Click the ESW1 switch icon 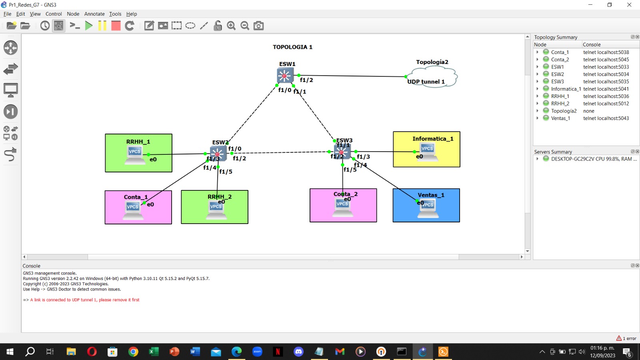pyautogui.click(x=285, y=75)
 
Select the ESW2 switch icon pyautogui.click(x=218, y=154)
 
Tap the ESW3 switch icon pyautogui.click(x=342, y=152)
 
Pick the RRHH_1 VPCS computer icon pyautogui.click(x=135, y=155)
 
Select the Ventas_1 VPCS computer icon pyautogui.click(x=428, y=208)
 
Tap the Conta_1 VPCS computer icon pyautogui.click(x=133, y=210)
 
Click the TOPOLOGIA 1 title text pyautogui.click(x=292, y=47)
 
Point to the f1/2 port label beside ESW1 pyautogui.click(x=306, y=80)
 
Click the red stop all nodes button pyautogui.click(x=116, y=26)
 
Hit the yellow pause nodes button pyautogui.click(x=102, y=26)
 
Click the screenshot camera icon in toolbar pyautogui.click(x=259, y=26)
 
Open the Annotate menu pyautogui.click(x=94, y=14)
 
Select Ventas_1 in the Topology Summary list pyautogui.click(x=560, y=118)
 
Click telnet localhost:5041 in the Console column pyautogui.click(x=606, y=89)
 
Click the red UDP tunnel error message pyautogui.click(x=84, y=300)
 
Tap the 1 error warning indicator pyautogui.click(x=626, y=338)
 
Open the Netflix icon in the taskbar pyautogui.click(x=278, y=352)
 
